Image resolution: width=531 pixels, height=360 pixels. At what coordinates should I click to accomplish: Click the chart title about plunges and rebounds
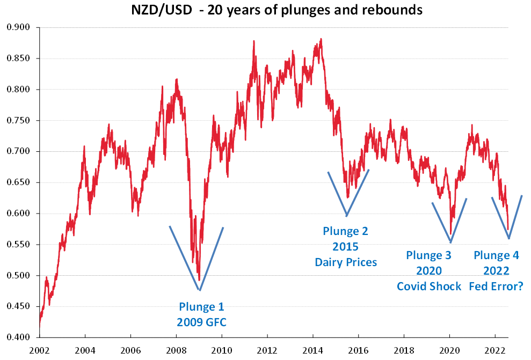pos(278,10)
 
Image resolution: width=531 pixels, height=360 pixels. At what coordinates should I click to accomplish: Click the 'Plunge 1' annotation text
pos(201,307)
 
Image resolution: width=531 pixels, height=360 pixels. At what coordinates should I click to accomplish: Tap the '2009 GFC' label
pos(201,322)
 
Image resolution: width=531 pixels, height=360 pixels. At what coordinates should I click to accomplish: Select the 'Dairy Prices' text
pos(346,262)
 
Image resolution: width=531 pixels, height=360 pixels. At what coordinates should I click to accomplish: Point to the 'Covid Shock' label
pos(429,286)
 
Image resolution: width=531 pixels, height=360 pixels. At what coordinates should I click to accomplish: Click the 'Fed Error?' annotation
pos(496,286)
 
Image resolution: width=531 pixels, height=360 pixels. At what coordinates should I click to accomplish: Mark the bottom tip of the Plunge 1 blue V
pos(200,290)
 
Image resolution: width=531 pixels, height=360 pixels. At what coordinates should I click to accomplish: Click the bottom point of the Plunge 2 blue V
pos(347,216)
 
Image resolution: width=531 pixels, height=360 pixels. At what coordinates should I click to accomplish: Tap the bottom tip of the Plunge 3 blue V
pos(451,242)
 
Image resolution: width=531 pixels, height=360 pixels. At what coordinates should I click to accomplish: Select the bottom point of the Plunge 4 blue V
pos(509,239)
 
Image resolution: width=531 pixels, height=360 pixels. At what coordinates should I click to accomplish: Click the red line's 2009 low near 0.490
pos(199,280)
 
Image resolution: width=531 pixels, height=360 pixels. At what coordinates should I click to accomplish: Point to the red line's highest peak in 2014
pos(321,39)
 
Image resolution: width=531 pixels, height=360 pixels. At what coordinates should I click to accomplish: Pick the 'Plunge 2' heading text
pos(345,231)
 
